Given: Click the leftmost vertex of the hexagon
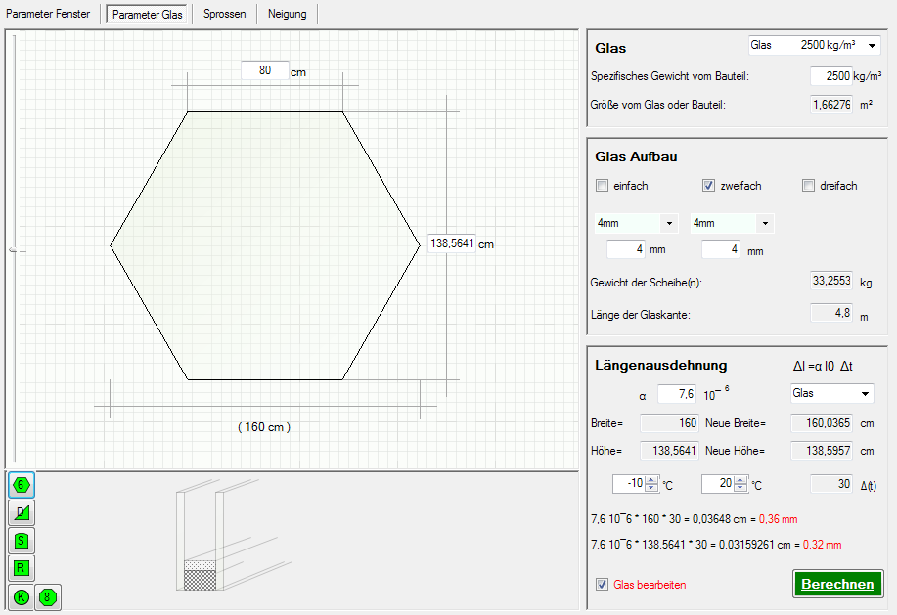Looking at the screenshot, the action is [x=111, y=245].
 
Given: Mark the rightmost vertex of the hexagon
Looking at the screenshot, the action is [x=421, y=245].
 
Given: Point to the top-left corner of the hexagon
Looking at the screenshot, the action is [x=188, y=112].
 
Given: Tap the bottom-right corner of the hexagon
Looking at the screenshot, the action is [x=342, y=379].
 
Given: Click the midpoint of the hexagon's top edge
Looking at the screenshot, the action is [x=265, y=112].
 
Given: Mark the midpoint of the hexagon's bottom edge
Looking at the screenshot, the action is [x=265, y=379].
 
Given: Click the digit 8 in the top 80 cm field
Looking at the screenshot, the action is [x=262, y=70].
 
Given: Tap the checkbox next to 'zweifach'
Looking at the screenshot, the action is [x=709, y=185].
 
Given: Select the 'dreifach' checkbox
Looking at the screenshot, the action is [x=808, y=185].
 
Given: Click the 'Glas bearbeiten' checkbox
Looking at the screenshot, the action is [x=602, y=584].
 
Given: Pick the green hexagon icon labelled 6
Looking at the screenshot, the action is [x=22, y=485].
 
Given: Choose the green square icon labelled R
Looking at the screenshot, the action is [x=22, y=568].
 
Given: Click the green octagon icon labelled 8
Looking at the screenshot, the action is [x=48, y=597].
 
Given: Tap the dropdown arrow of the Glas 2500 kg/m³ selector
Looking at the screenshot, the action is [x=872, y=45].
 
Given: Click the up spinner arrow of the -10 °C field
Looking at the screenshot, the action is [x=651, y=480].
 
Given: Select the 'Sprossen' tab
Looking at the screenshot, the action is [x=225, y=14].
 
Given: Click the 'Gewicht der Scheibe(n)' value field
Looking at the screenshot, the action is [x=831, y=281].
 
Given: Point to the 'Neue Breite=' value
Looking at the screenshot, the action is [x=822, y=423].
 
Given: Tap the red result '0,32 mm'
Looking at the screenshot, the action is [x=822, y=545].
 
